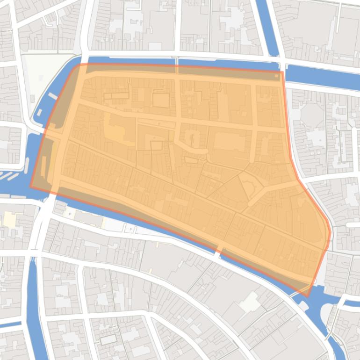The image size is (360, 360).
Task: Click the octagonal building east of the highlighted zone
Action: coord(311,116)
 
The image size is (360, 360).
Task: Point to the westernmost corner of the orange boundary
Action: coord(31,187)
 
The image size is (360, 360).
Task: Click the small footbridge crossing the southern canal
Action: coord(218,252)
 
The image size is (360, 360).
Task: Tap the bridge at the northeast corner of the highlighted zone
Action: coord(282,67)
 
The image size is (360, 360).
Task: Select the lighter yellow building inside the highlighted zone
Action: coord(115,129)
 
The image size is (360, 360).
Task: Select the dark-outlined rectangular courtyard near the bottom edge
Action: coord(108,339)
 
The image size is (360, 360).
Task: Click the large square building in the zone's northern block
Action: coord(229,140)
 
